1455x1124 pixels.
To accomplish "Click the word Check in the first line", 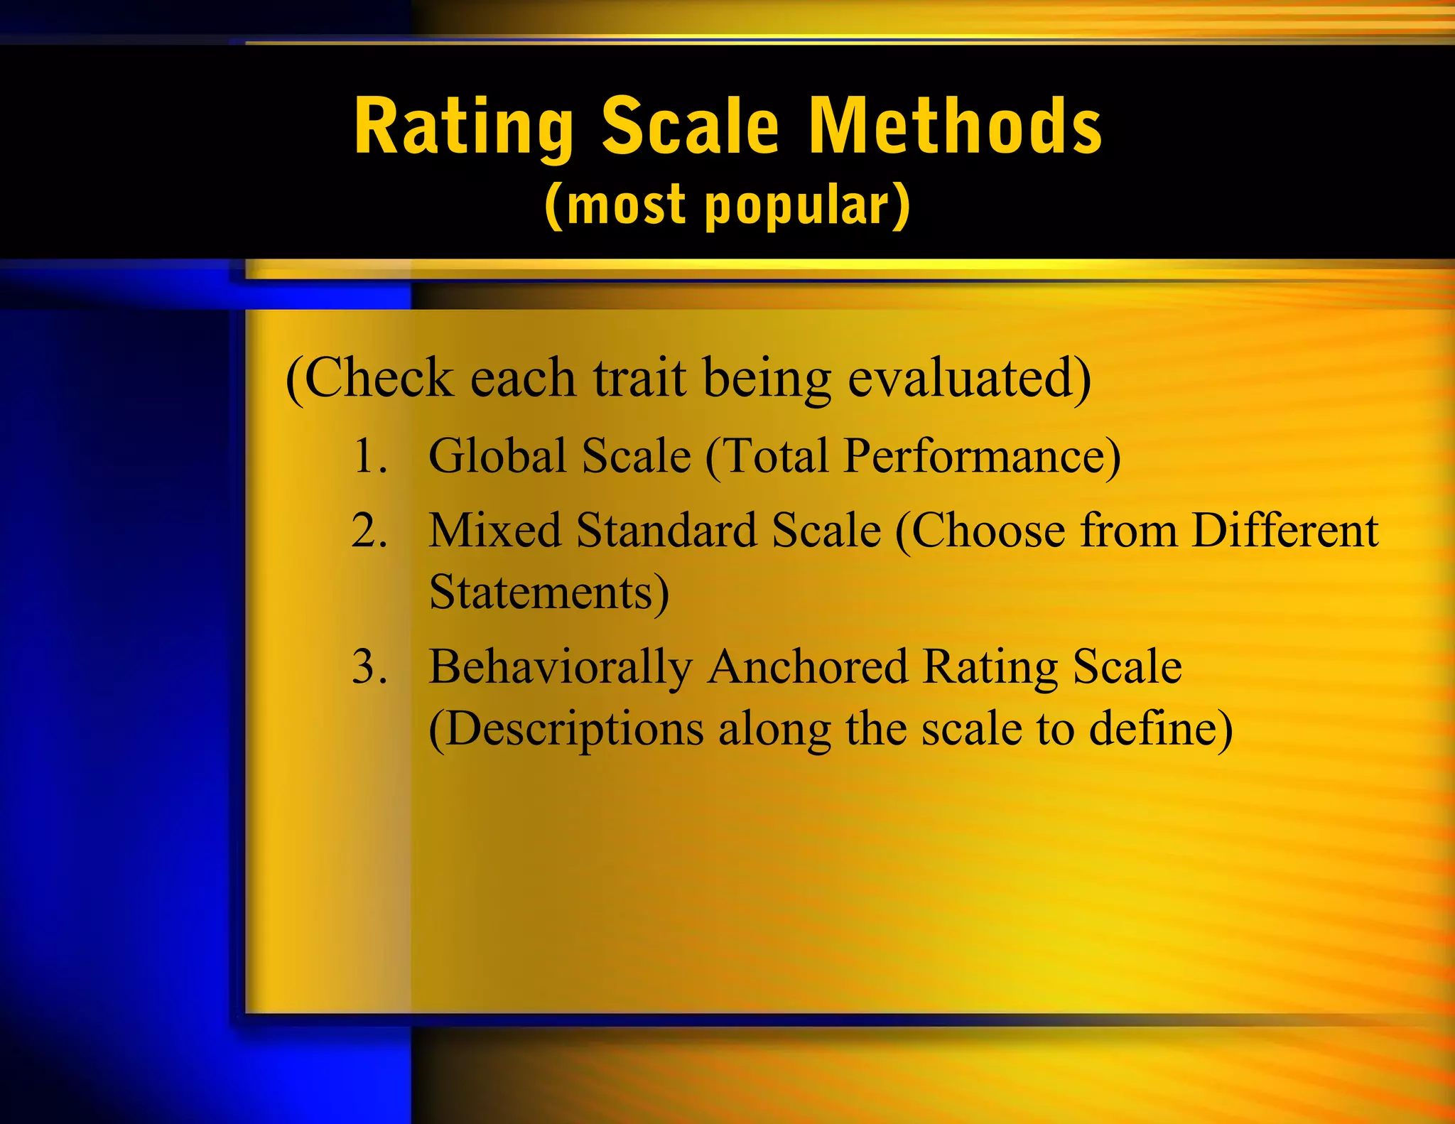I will [379, 378].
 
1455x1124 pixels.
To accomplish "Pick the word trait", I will [639, 378].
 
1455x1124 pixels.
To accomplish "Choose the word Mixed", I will [494, 531].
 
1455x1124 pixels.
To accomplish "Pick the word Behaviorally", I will [560, 669].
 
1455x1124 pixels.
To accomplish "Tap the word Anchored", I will [808, 667].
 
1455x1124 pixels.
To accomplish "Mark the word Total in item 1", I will [774, 455].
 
